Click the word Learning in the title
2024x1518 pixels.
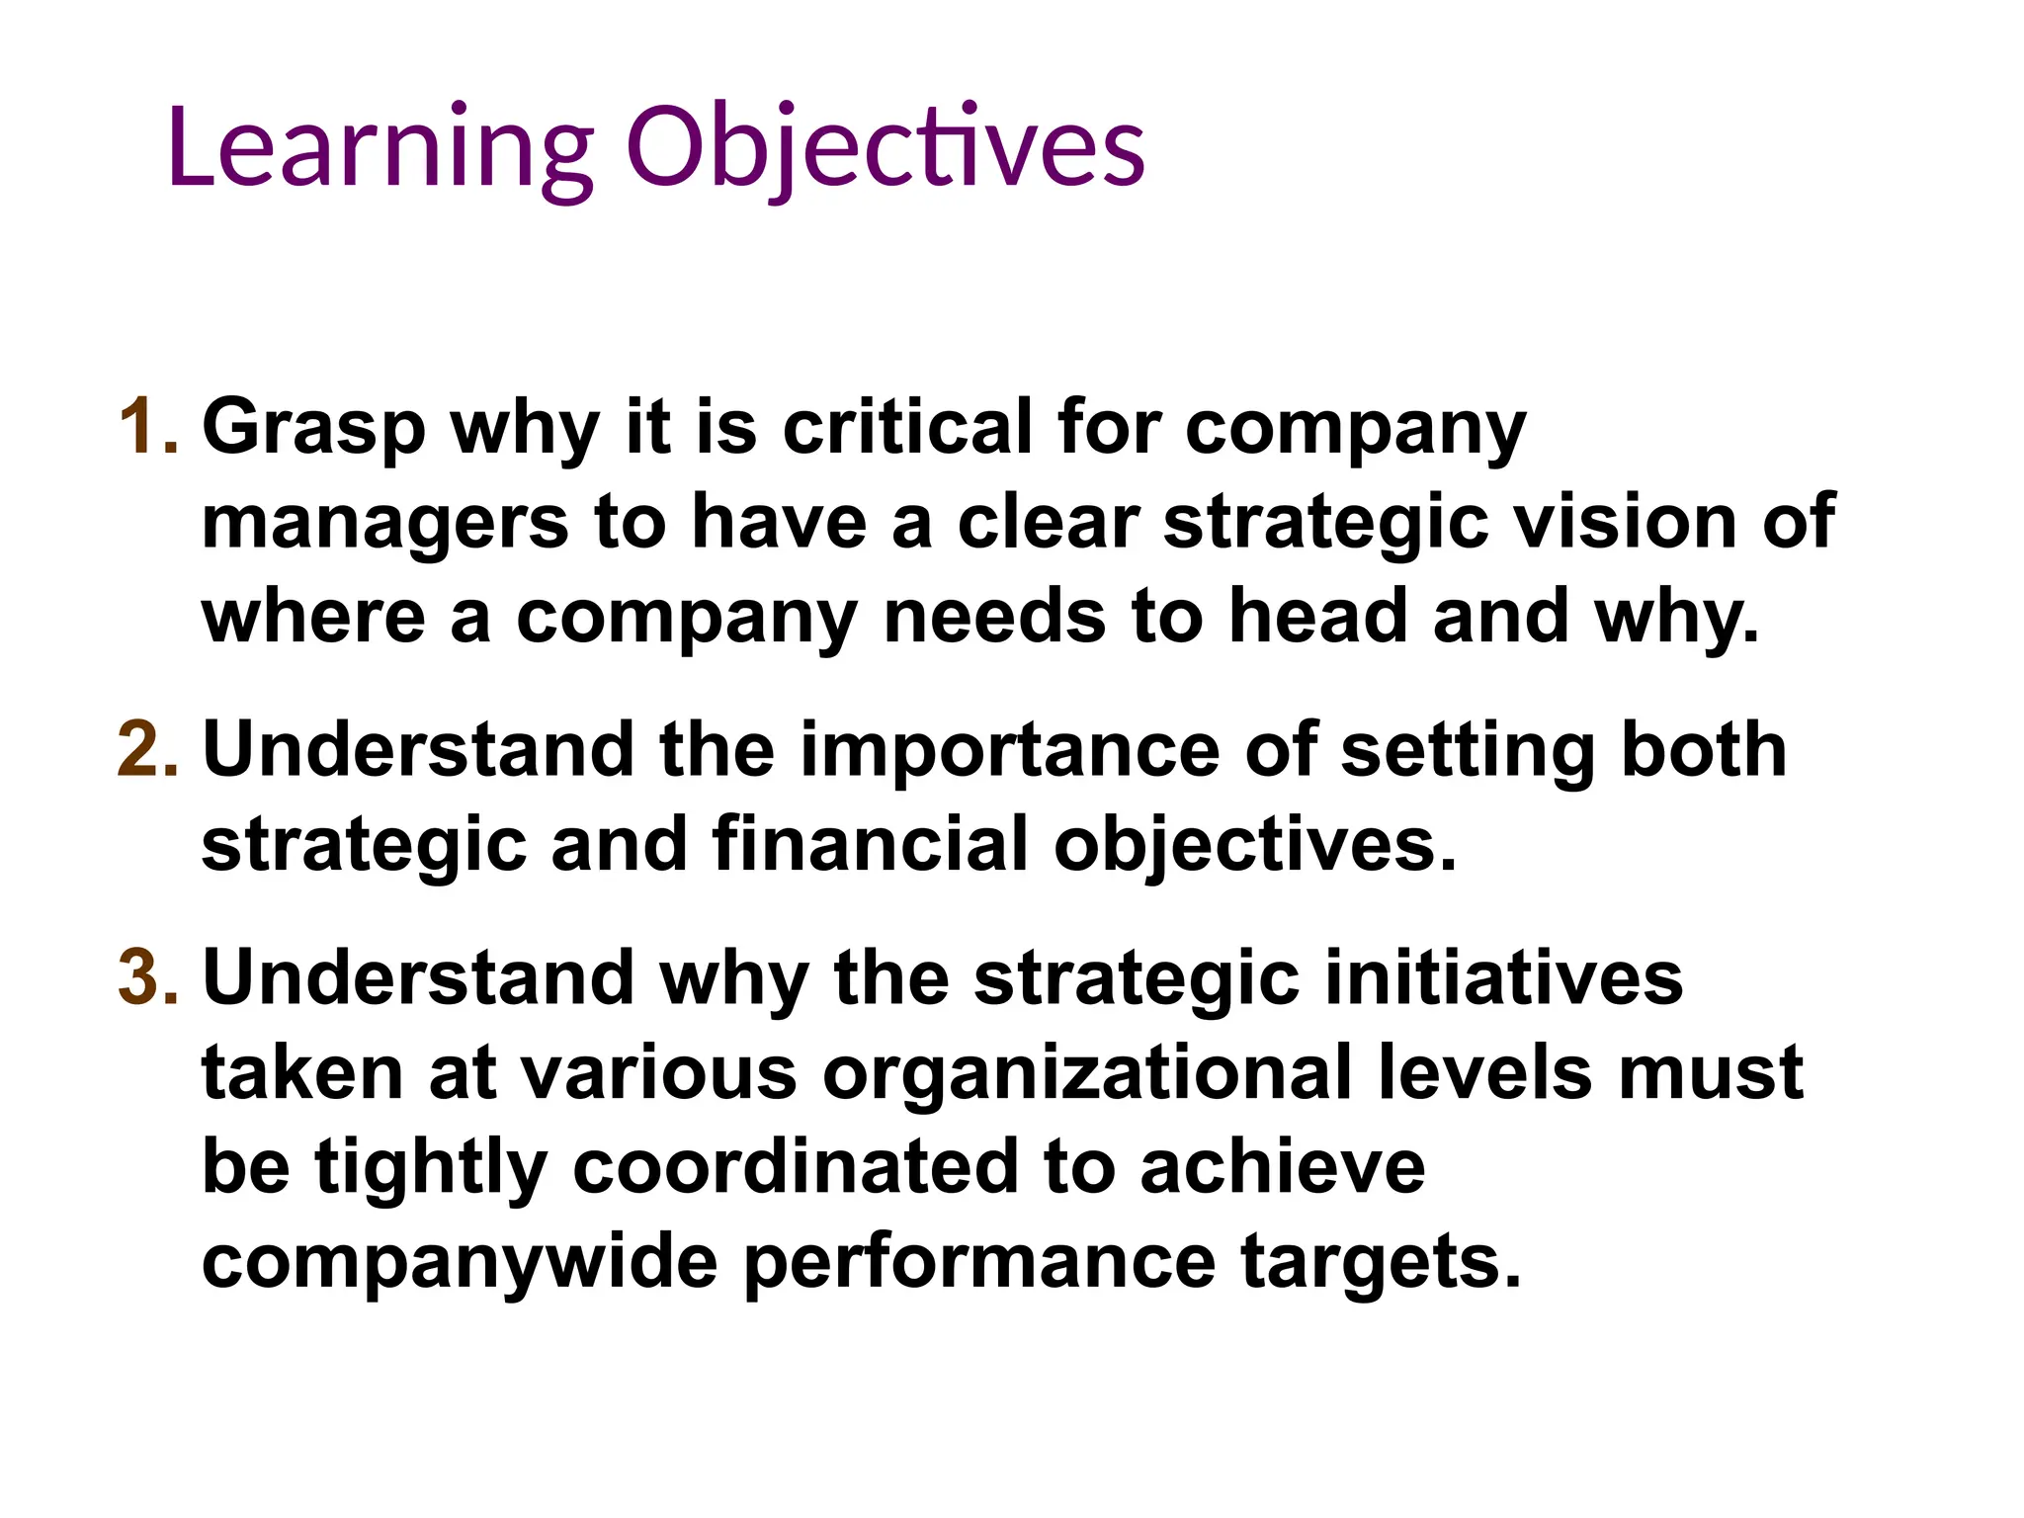[380, 148]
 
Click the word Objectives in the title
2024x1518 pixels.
[885, 148]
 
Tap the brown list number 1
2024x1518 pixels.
[148, 427]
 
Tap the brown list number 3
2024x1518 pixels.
[148, 977]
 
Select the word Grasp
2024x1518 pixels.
[313, 429]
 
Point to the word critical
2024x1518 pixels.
[906, 427]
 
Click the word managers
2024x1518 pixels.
[384, 524]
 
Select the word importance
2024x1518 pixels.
[1009, 751]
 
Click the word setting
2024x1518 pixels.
[1467, 751]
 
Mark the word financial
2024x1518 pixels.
[870, 845]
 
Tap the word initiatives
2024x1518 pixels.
[1502, 977]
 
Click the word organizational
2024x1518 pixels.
[1087, 1073]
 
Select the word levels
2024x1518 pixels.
[1485, 1073]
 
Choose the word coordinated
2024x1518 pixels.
[796, 1167]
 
